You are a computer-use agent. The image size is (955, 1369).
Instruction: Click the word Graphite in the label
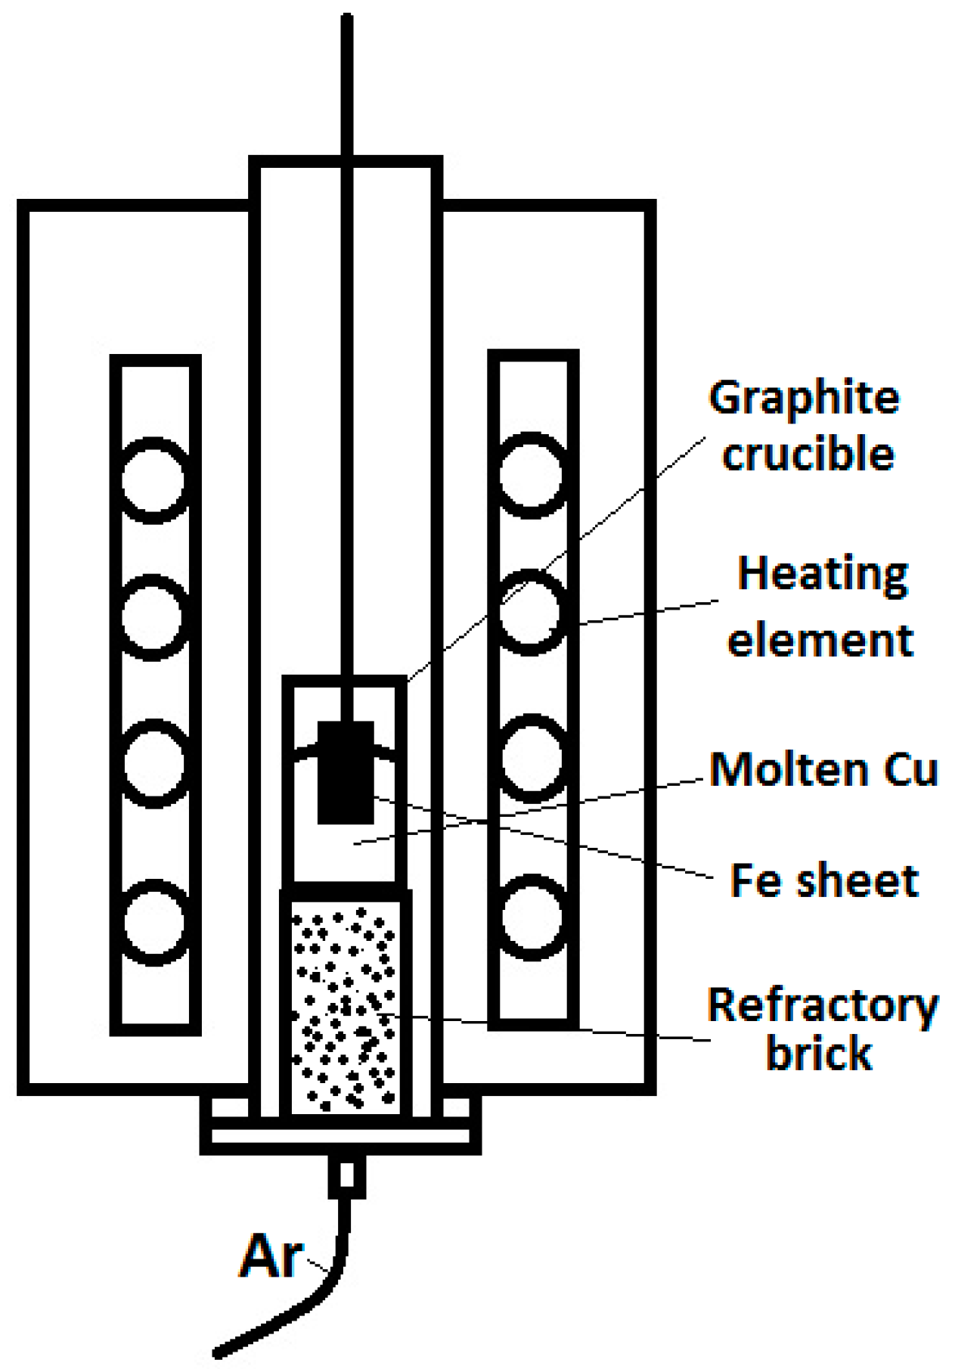click(x=804, y=399)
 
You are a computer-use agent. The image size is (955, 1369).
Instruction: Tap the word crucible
click(x=808, y=455)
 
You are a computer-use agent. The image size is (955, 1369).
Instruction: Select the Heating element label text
click(x=821, y=607)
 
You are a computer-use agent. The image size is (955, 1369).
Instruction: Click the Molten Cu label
click(x=823, y=770)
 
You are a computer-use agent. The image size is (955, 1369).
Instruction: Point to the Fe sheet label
click(x=823, y=881)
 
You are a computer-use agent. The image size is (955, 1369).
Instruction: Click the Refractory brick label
click(x=822, y=1029)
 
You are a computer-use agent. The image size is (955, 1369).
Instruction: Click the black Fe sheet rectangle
click(x=346, y=772)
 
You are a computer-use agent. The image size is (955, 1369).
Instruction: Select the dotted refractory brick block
click(x=346, y=1006)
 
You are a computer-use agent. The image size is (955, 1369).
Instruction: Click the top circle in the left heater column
click(x=153, y=480)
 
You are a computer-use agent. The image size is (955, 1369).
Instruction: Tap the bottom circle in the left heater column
click(x=153, y=923)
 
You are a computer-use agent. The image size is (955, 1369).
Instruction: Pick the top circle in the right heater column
click(x=532, y=476)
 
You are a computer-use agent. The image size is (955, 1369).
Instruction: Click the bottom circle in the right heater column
click(x=532, y=917)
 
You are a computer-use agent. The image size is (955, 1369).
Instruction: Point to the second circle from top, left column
click(x=153, y=617)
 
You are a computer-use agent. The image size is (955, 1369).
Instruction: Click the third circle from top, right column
click(x=532, y=757)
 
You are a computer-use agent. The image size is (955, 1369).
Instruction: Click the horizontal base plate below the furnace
click(x=340, y=1136)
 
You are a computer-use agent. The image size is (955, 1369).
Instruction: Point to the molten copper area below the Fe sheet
click(x=346, y=851)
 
